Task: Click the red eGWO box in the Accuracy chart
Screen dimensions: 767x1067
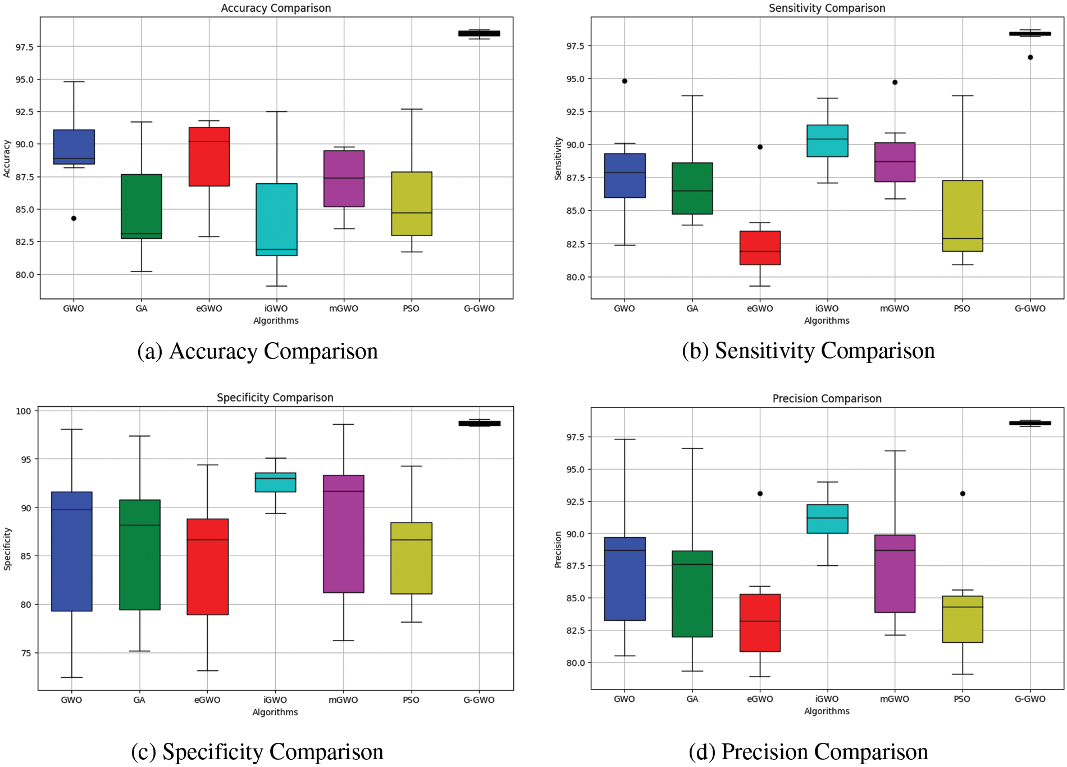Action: pos(209,157)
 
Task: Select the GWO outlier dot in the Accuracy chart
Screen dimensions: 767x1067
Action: pos(74,218)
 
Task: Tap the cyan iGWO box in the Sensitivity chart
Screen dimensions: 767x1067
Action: pos(827,140)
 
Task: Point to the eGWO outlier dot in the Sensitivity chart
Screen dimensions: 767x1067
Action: pos(760,147)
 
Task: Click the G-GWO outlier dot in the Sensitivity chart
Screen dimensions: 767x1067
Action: pos(1030,57)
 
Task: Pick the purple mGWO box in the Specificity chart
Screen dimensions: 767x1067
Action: pos(343,534)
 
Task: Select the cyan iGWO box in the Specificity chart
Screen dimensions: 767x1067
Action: pos(275,482)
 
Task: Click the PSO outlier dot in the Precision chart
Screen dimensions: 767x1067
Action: pos(963,493)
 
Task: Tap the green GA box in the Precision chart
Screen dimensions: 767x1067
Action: pos(692,593)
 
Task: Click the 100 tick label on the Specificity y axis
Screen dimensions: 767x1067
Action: pos(24,411)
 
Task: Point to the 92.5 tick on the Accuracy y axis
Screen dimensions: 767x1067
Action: pos(24,112)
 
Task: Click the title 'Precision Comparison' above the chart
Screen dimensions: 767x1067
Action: pos(827,398)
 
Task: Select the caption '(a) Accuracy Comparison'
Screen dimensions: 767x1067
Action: pos(258,351)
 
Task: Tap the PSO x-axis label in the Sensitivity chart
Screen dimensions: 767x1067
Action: pos(961,308)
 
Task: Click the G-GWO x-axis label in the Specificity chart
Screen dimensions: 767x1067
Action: pos(478,700)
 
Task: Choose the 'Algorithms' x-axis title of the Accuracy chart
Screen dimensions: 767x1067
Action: pos(276,321)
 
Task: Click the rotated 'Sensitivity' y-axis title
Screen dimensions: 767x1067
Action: pos(558,158)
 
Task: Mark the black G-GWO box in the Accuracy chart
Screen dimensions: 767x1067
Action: pos(479,34)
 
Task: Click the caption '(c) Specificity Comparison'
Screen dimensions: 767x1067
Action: pos(257,752)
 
